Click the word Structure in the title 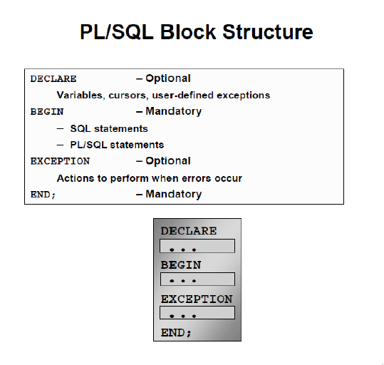pyautogui.click(x=268, y=32)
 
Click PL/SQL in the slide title pyautogui.click(x=117, y=32)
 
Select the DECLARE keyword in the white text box pyautogui.click(x=53, y=79)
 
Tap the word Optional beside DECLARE pyautogui.click(x=168, y=78)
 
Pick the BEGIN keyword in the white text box pyautogui.click(x=47, y=112)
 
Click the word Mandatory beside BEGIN pyautogui.click(x=174, y=111)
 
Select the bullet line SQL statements pyautogui.click(x=109, y=128)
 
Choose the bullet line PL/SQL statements pyautogui.click(x=117, y=145)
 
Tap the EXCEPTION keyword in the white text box pyautogui.click(x=60, y=161)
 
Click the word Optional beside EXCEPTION pyautogui.click(x=168, y=161)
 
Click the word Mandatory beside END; pyautogui.click(x=174, y=194)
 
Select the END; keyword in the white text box pyautogui.click(x=43, y=195)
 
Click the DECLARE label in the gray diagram pyautogui.click(x=189, y=231)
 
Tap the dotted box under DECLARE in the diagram pyautogui.click(x=197, y=246)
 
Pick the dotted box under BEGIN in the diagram pyautogui.click(x=197, y=279)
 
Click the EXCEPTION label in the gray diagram pyautogui.click(x=197, y=299)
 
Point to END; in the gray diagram pyautogui.click(x=176, y=333)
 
